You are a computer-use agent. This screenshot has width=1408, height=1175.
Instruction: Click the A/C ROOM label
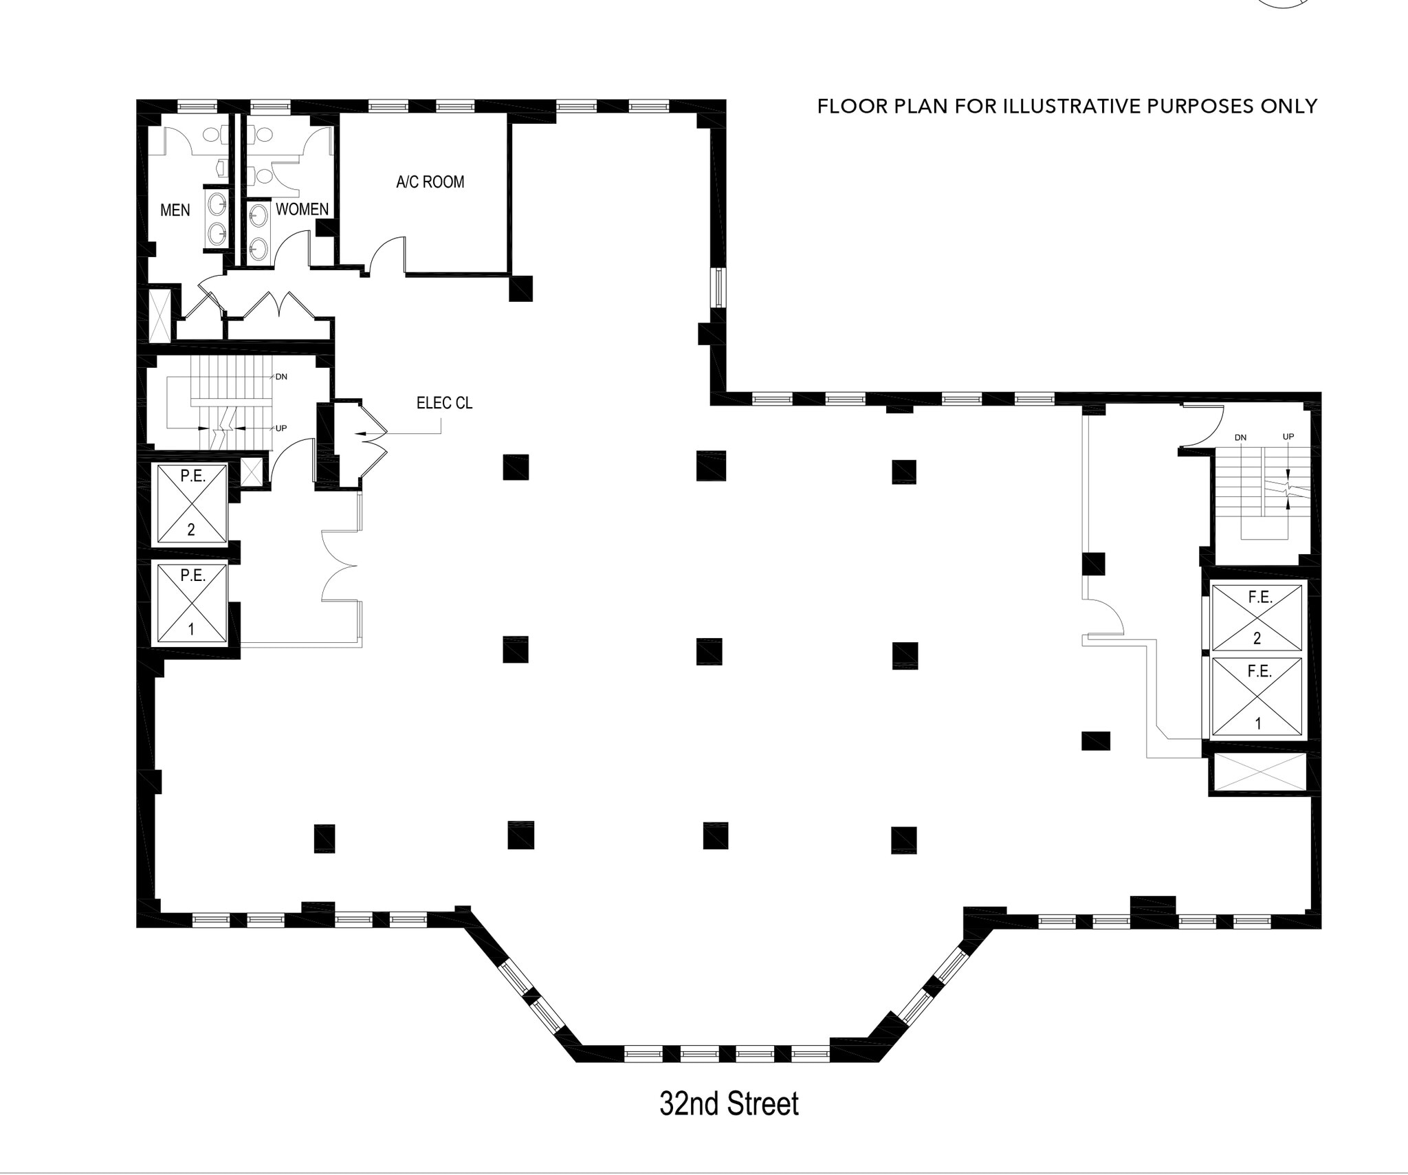pyautogui.click(x=430, y=182)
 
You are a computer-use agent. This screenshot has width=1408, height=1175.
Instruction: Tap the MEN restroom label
pyautogui.click(x=175, y=210)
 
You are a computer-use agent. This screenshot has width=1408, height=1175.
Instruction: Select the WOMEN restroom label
pyautogui.click(x=302, y=209)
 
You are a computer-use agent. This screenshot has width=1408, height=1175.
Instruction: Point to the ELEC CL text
pyautogui.click(x=444, y=403)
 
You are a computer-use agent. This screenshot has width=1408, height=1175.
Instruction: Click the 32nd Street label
pyautogui.click(x=729, y=1103)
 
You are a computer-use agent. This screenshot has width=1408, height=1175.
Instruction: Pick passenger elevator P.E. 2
pyautogui.click(x=192, y=504)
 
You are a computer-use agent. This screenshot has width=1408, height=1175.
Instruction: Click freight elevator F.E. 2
pyautogui.click(x=1257, y=617)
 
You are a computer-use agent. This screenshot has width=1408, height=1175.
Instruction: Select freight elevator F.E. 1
pyautogui.click(x=1257, y=697)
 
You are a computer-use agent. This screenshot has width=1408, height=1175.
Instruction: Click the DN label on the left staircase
pyautogui.click(x=280, y=377)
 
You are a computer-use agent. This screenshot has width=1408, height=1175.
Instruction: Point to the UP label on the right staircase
pyautogui.click(x=1288, y=437)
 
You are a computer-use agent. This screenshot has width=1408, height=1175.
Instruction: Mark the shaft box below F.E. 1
pyautogui.click(x=1257, y=772)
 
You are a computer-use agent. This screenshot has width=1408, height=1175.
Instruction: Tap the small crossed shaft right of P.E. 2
pyautogui.click(x=251, y=472)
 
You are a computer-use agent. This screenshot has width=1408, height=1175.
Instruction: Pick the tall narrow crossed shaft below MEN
pyautogui.click(x=160, y=316)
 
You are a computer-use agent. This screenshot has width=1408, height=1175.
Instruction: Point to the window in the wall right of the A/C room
pyautogui.click(x=719, y=287)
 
